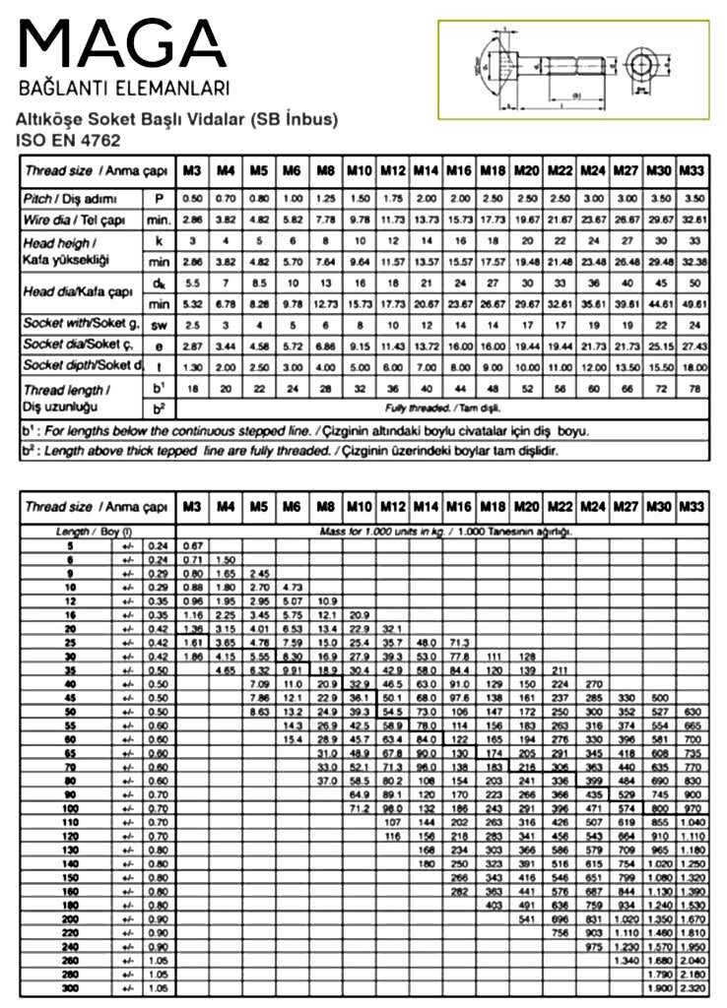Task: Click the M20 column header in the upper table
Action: click(527, 170)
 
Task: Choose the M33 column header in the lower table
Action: click(693, 507)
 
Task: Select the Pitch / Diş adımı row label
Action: click(66, 199)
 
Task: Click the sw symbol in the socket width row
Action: click(158, 324)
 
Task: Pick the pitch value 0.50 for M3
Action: click(194, 199)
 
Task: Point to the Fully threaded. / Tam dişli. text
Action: click(442, 407)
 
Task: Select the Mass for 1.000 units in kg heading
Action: click(443, 532)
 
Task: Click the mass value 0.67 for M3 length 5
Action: click(193, 544)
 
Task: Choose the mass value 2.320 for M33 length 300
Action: click(693, 986)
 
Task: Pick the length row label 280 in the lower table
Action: click(70, 974)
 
